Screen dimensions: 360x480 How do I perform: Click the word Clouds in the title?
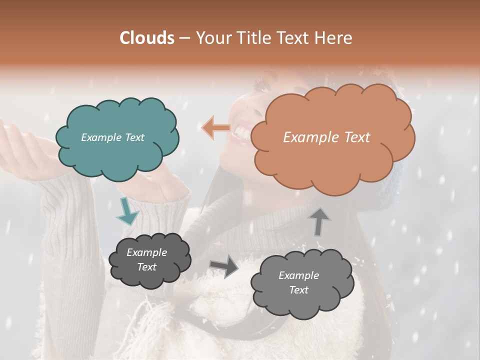(147, 38)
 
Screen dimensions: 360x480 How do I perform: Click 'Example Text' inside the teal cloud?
(112, 137)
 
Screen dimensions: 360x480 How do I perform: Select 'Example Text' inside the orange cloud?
(326, 137)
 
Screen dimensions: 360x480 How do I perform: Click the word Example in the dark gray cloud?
(146, 252)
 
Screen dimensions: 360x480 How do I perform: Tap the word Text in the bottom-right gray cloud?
(298, 290)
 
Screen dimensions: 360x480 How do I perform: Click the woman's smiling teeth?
(241, 131)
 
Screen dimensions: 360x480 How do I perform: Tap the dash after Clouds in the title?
(184, 38)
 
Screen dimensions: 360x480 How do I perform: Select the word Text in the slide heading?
(292, 38)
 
